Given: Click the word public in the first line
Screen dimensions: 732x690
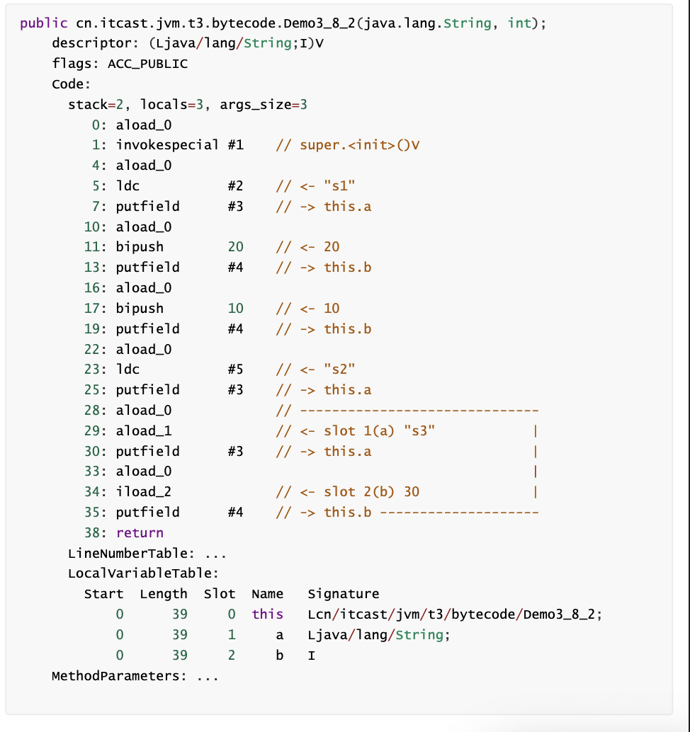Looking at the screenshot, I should coord(44,23).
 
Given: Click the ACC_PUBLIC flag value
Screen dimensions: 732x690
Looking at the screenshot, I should coord(147,64).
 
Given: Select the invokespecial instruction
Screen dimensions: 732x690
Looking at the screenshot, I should coord(167,145).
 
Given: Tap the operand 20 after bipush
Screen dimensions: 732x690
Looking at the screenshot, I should coord(235,247).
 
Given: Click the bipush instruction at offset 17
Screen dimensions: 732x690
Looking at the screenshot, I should coord(140,308).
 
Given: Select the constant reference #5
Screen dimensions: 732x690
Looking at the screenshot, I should coord(235,370).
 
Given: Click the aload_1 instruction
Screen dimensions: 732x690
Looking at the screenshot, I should coord(144,430).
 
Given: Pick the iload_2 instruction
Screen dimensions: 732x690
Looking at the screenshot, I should coord(144,491).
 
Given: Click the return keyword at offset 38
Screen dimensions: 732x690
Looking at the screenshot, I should coord(140,532).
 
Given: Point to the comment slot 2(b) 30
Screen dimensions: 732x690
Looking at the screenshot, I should coord(371,491).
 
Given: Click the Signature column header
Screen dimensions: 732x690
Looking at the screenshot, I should coord(344,594).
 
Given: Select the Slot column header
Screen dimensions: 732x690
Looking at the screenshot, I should coord(219,594).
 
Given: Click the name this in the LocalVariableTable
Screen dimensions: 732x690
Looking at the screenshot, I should coord(267,614).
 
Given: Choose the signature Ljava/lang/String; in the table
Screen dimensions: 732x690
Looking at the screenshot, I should coord(379,635).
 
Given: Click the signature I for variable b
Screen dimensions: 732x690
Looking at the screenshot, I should coord(312,656).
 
